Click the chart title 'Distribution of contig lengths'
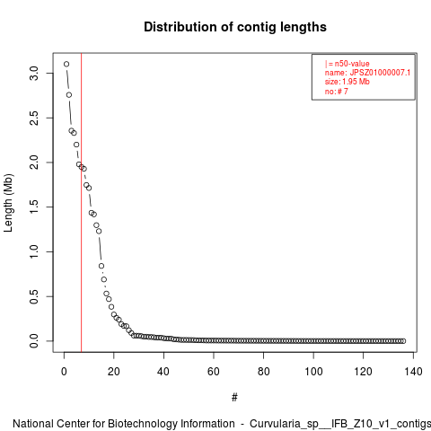(235, 27)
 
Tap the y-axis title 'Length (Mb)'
(8, 203)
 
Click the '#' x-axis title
(234, 398)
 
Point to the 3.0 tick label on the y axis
(34, 74)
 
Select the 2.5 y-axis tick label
(34, 118)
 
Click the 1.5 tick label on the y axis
(34, 207)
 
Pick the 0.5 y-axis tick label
(34, 296)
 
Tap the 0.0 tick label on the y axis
(34, 341)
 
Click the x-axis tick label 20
(114, 372)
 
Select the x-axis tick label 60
(214, 372)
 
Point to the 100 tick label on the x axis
(313, 372)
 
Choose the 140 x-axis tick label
(413, 372)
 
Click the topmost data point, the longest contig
(66, 64)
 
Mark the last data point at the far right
(403, 341)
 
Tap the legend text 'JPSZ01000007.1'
(380, 73)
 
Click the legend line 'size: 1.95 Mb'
(347, 82)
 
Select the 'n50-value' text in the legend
(352, 64)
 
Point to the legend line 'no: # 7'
(337, 92)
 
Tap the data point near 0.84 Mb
(101, 266)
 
